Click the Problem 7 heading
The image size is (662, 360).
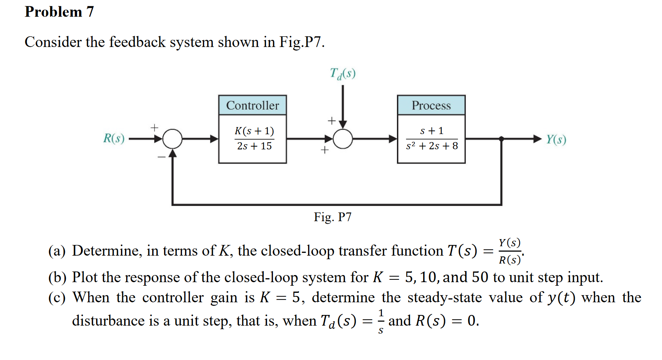point(59,12)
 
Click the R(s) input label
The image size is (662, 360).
point(114,138)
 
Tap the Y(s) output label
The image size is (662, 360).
point(556,139)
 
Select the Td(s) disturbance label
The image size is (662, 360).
point(342,74)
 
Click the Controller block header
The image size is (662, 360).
point(252,106)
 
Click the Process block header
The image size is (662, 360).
point(431,106)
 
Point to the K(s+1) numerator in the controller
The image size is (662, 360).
point(254,131)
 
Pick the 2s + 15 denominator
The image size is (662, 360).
point(254,146)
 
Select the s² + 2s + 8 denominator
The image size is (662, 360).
point(432,146)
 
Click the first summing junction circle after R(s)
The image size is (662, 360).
point(172,139)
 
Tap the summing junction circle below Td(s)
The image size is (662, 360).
point(343,139)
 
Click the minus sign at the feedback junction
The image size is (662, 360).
point(161,157)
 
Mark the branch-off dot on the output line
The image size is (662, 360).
point(501,139)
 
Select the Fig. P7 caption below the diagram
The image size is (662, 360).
point(333,217)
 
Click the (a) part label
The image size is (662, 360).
point(57,251)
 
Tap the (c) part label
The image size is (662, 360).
point(57,298)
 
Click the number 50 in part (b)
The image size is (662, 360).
point(480,277)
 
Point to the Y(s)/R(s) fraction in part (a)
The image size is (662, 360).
point(510,251)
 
